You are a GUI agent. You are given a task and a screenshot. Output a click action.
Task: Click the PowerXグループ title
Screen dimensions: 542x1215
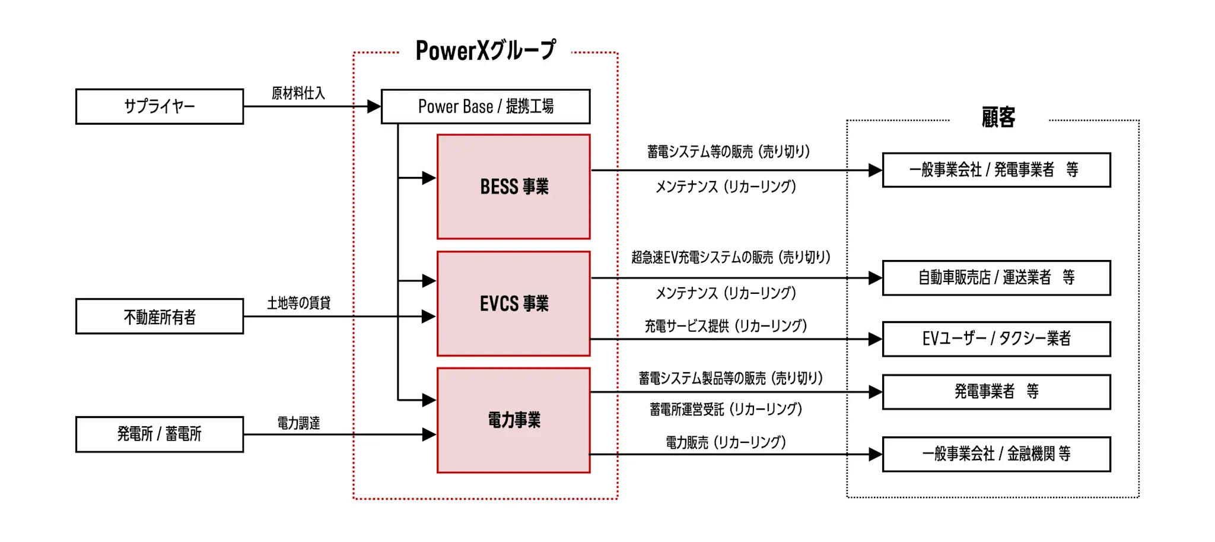pos(485,50)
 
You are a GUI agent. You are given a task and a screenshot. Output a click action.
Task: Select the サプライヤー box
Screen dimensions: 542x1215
pos(159,106)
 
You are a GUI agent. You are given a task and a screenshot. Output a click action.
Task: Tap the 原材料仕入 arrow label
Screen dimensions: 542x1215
pos(298,93)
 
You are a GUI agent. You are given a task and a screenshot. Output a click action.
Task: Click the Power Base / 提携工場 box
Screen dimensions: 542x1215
pos(485,106)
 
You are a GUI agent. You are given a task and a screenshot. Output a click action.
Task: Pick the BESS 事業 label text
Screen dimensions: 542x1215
pos(514,186)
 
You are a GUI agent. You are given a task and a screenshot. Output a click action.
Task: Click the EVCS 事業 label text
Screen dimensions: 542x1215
pos(514,303)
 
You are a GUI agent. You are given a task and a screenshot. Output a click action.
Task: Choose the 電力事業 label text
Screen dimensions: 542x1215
pos(514,420)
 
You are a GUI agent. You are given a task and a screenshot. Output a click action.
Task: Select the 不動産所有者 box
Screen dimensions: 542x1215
pos(159,316)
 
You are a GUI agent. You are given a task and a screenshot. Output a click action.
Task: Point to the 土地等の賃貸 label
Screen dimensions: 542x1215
pos(298,303)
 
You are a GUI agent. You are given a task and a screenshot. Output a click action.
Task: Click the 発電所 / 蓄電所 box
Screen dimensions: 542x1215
pos(159,434)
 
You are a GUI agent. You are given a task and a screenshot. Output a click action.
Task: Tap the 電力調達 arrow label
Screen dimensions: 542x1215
pos(298,423)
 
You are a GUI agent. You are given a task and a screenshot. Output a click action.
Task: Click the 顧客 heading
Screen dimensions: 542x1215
pos(998,118)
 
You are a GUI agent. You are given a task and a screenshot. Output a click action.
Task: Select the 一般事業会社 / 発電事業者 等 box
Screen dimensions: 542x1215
pos(996,170)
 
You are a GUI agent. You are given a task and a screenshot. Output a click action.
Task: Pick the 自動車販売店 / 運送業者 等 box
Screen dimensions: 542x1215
pos(996,277)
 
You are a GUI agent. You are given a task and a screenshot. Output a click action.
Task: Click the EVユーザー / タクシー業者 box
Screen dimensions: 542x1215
pos(996,338)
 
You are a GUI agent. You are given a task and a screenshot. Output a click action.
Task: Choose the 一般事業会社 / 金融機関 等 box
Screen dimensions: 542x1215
pos(996,454)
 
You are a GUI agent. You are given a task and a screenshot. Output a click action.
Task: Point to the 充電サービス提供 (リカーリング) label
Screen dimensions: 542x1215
pos(726,325)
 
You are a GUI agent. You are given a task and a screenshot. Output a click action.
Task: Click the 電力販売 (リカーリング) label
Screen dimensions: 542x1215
pos(726,442)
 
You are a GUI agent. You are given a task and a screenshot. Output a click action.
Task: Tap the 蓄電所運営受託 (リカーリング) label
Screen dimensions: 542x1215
pos(726,409)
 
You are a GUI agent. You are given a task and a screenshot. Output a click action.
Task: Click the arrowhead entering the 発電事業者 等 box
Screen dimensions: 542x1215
pos(875,392)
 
